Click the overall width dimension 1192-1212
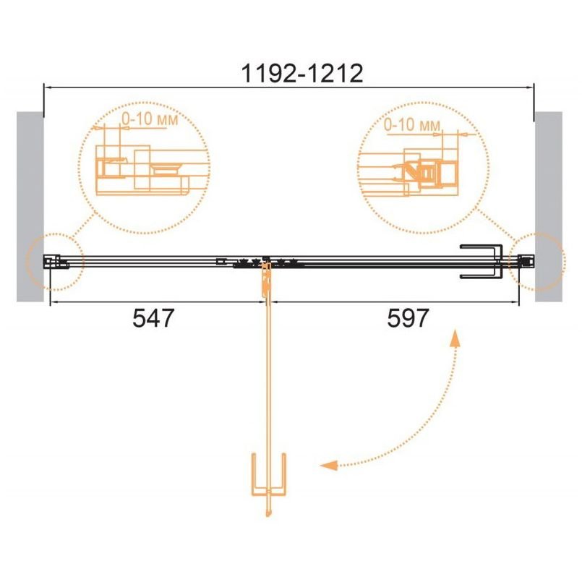pyautogui.click(x=301, y=74)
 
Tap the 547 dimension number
pyautogui.click(x=153, y=318)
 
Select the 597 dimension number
pyautogui.click(x=408, y=318)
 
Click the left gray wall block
pyautogui.click(x=30, y=206)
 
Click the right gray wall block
pyautogui.click(x=549, y=206)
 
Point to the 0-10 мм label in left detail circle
pyautogui.click(x=150, y=119)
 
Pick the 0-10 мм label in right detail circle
pyautogui.click(x=411, y=124)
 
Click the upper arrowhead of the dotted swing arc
pyautogui.click(x=455, y=338)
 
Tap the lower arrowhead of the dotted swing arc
pyautogui.click(x=329, y=465)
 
